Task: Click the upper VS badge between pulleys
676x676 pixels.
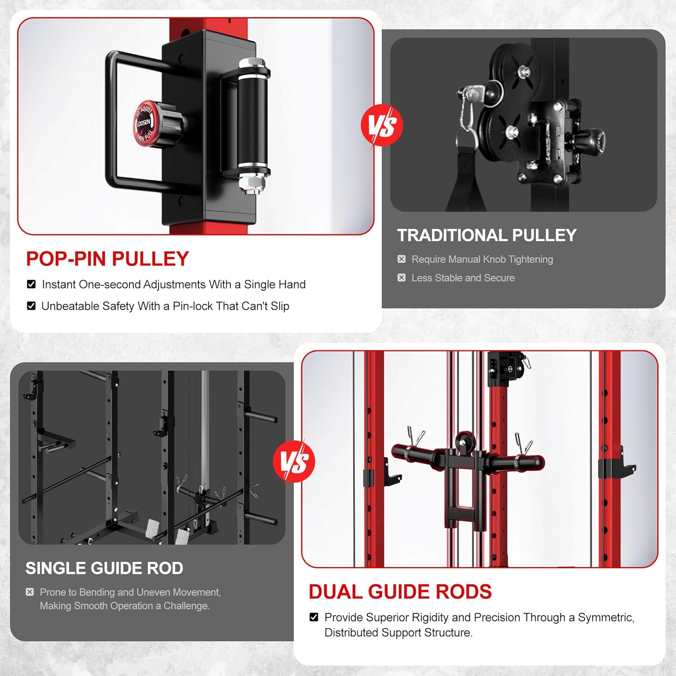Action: tap(382, 125)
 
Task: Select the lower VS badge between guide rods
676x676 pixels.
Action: tap(294, 461)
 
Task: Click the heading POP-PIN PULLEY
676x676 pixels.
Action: tap(107, 259)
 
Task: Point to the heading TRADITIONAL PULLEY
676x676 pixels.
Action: tap(487, 235)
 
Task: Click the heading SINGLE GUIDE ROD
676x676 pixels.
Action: tap(104, 568)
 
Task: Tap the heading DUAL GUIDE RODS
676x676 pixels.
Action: tap(400, 592)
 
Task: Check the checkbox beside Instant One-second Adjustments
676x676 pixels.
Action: tap(31, 284)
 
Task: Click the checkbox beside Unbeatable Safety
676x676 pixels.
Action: tap(31, 306)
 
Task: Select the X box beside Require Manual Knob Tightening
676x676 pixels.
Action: tap(402, 259)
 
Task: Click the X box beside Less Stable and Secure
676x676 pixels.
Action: tap(402, 278)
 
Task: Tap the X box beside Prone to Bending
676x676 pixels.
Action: tap(30, 592)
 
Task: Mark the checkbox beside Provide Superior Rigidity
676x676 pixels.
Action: tap(314, 617)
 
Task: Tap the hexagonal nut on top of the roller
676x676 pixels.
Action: tap(247, 63)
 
